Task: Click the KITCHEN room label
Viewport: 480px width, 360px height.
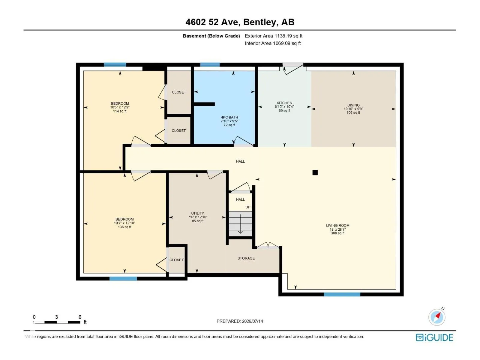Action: (284, 103)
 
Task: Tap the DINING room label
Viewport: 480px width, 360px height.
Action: (353, 105)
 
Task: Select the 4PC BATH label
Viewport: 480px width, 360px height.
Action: (229, 117)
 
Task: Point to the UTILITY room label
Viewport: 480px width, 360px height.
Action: (197, 213)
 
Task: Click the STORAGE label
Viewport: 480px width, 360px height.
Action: (246, 258)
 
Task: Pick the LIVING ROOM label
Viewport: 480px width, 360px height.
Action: (337, 225)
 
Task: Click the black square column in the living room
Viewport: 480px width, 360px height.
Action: (315, 173)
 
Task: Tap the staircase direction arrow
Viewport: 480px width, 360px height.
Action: (240, 224)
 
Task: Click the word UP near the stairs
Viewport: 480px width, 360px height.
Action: (247, 207)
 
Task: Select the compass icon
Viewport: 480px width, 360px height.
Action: (437, 317)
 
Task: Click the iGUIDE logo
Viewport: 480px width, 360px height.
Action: (434, 337)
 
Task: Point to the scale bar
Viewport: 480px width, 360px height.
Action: (57, 322)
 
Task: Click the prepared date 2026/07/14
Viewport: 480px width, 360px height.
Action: (252, 321)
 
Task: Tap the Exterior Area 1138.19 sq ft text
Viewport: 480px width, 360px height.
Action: (274, 36)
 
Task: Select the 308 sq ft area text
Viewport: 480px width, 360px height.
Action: (337, 233)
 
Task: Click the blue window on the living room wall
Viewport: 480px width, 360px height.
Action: (342, 294)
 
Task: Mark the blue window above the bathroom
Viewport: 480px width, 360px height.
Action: (210, 64)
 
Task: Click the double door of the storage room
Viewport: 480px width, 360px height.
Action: (268, 245)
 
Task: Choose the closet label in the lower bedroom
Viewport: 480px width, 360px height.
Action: (176, 260)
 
